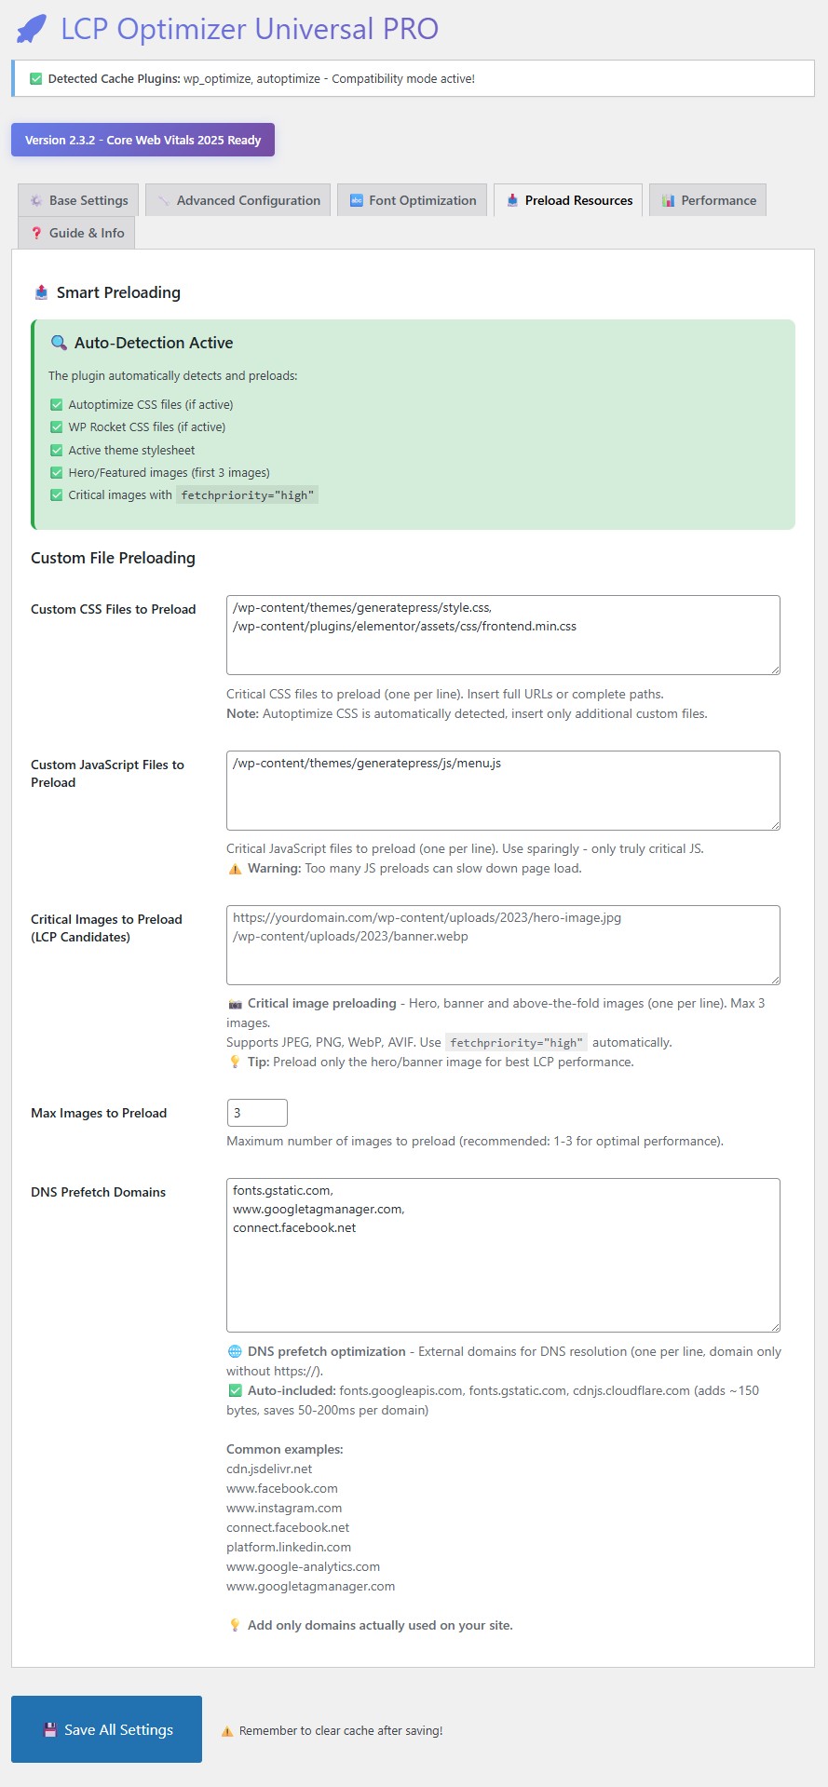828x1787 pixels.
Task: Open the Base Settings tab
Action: tap(78, 200)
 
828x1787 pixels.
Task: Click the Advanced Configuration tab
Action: tap(238, 200)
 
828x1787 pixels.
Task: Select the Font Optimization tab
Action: tap(413, 200)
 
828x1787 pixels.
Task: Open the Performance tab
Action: tap(708, 200)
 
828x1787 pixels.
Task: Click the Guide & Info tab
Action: tap(76, 233)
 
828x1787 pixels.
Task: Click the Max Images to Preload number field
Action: tap(257, 1113)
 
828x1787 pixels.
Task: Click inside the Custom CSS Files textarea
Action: tap(503, 635)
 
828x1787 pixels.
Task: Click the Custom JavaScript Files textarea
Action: tap(503, 791)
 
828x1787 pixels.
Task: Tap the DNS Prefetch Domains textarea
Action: tap(503, 1255)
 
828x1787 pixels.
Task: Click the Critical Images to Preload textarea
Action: tap(503, 945)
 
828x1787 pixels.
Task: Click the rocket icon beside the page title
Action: tap(32, 29)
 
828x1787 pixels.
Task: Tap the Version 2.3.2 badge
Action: tap(143, 140)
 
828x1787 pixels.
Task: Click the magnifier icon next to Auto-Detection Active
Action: tap(59, 343)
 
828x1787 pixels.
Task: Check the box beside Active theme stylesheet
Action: tap(57, 450)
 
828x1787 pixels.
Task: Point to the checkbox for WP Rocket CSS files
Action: tap(57, 427)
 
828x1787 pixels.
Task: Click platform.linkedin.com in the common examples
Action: tap(289, 1547)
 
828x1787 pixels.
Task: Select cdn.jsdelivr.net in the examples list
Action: tap(269, 1469)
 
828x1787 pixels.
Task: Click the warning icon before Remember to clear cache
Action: tap(227, 1731)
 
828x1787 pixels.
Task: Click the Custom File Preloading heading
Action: tap(113, 558)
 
